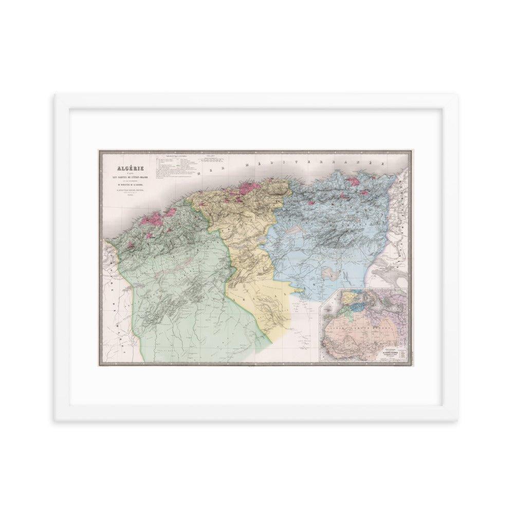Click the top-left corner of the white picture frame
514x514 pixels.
(x=56, y=94)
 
